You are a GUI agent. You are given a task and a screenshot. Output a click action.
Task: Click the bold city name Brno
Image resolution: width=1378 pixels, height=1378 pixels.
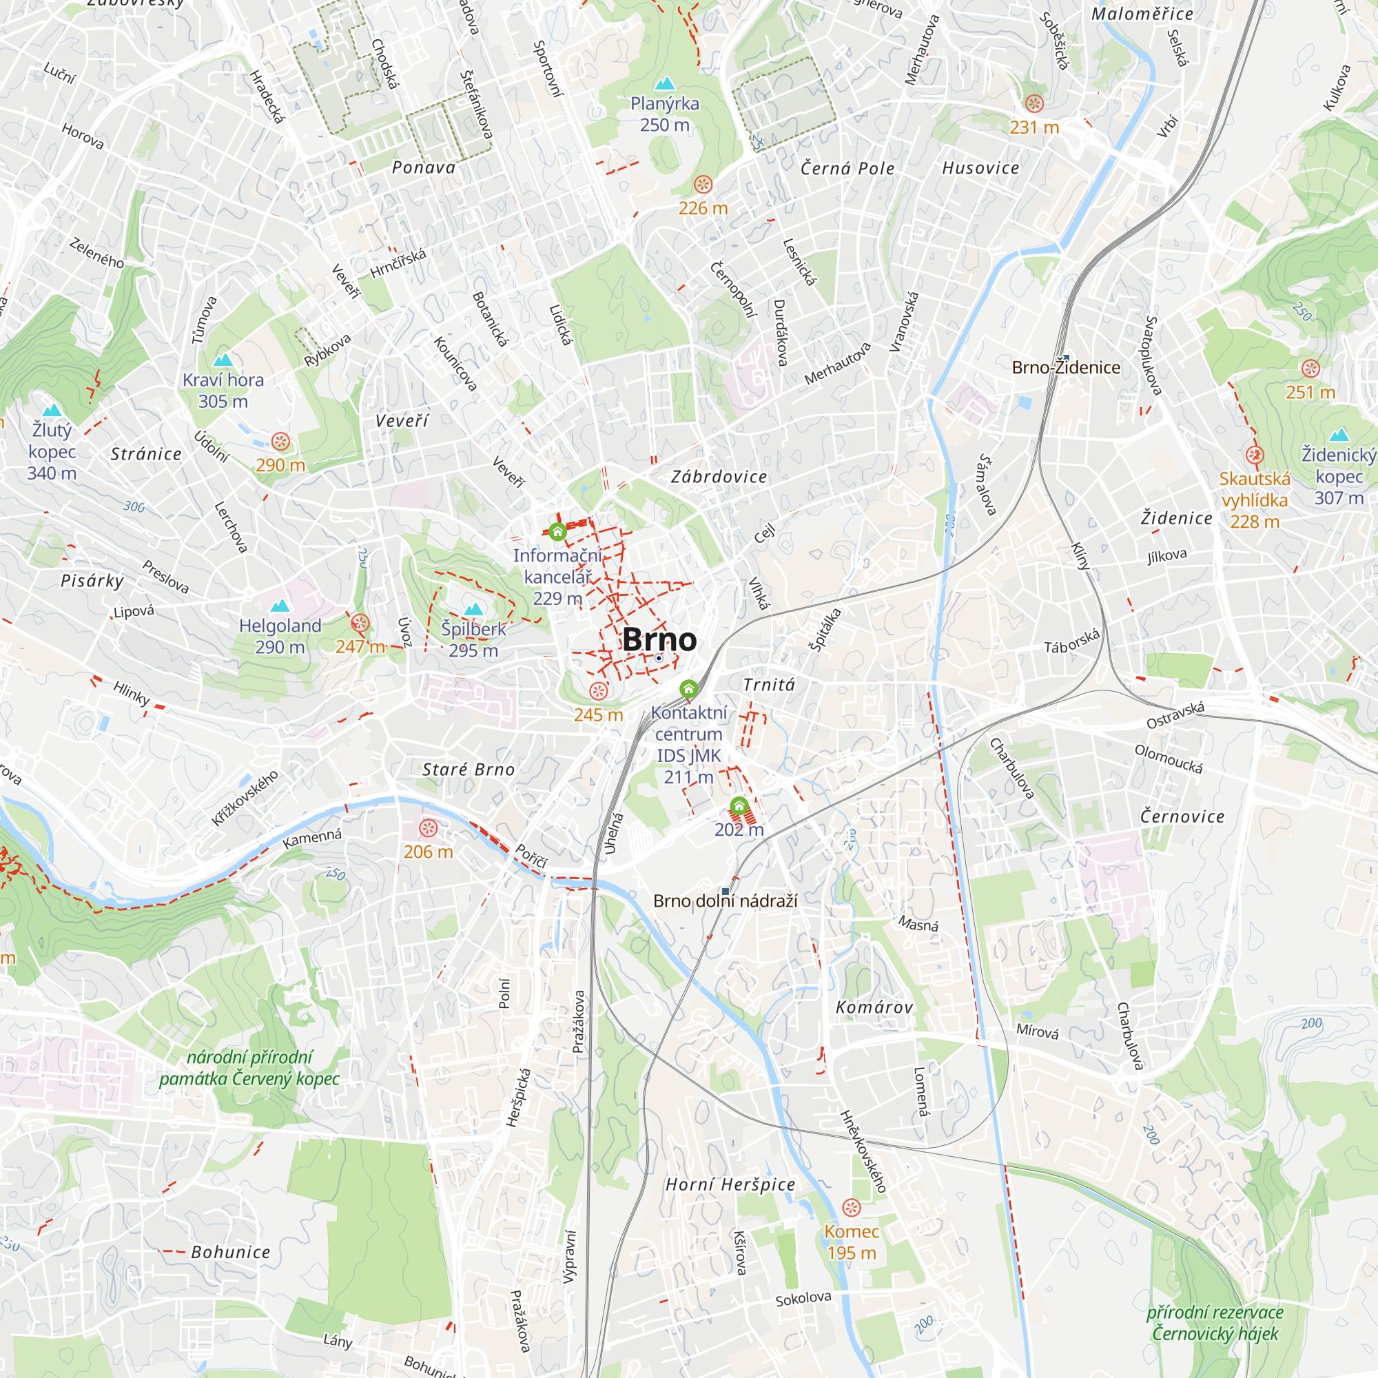tap(659, 640)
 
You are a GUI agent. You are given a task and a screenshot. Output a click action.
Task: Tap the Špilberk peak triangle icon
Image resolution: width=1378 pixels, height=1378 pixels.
tap(473, 609)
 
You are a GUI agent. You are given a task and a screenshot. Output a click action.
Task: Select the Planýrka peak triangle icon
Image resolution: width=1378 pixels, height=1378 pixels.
tap(665, 84)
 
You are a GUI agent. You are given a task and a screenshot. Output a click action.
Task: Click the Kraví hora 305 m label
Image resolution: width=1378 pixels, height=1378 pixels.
tap(223, 390)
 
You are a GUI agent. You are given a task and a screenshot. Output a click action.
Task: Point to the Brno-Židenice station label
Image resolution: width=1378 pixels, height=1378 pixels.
tap(1066, 367)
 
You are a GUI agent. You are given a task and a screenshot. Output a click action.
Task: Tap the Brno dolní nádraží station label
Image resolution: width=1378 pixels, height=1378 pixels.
tap(725, 901)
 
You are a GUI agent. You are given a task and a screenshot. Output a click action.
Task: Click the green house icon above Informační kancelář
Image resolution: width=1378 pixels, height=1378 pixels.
tap(558, 531)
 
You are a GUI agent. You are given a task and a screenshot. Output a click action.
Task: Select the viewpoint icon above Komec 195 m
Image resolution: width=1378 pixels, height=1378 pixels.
tap(852, 1208)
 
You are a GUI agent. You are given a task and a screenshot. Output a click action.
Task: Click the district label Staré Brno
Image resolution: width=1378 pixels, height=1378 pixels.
tap(468, 770)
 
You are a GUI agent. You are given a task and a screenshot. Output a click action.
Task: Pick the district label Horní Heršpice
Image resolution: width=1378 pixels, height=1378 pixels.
tap(730, 1184)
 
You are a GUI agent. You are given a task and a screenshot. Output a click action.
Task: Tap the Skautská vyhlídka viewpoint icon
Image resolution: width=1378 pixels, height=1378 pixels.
tap(1255, 455)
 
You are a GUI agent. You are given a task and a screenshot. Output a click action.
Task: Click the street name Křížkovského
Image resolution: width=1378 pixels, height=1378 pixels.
tap(245, 798)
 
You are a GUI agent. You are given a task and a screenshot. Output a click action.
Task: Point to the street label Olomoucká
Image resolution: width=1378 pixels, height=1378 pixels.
tap(1169, 759)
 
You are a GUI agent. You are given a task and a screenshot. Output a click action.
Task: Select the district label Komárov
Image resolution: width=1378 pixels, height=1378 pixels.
tap(874, 1007)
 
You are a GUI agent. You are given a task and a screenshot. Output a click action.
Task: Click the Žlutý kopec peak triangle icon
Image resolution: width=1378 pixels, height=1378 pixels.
tap(52, 410)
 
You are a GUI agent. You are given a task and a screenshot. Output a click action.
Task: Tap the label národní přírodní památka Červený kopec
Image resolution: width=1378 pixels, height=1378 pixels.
tap(249, 1068)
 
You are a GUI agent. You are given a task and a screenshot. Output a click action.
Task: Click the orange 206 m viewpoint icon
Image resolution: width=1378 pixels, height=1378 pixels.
tap(428, 828)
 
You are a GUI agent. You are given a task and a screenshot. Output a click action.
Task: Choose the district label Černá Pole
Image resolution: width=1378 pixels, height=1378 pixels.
tap(847, 168)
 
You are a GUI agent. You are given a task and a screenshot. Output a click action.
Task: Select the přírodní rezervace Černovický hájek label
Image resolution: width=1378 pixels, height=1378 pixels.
tap(1215, 1323)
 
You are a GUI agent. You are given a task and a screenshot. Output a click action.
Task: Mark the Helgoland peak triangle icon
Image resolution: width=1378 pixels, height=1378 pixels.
tap(280, 606)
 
